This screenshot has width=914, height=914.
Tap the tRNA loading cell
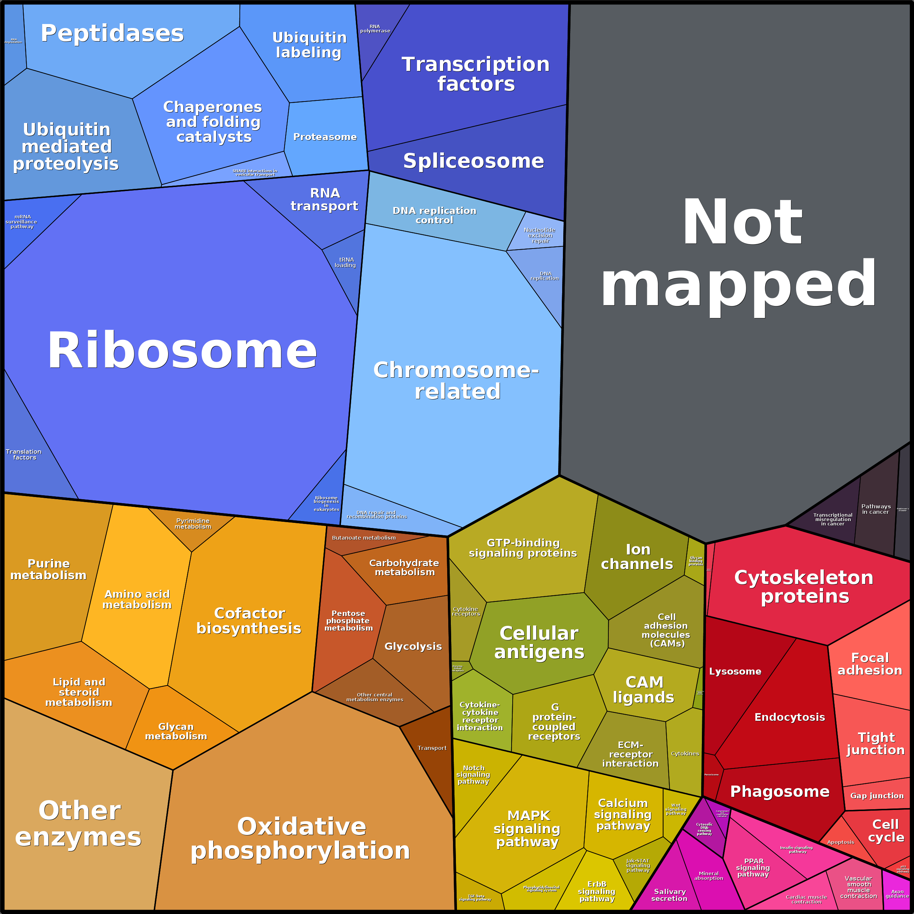[345, 263]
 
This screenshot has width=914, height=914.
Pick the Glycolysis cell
[413, 646]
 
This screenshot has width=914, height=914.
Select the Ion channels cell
[637, 557]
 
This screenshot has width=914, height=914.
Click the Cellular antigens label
[539, 643]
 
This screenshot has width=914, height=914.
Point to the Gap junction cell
[877, 796]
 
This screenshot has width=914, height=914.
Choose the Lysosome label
[735, 671]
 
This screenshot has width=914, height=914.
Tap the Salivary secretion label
[669, 895]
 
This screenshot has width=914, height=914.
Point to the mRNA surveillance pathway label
[22, 221]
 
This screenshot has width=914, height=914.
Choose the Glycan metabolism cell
[176, 731]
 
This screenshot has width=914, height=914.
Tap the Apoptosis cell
[841, 842]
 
